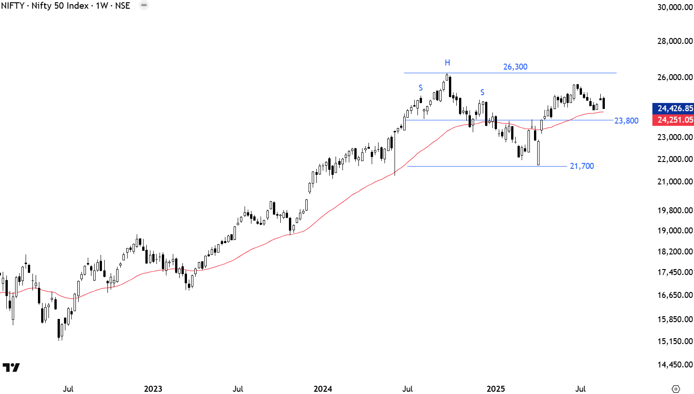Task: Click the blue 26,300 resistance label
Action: (x=515, y=67)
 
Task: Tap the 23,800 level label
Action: (x=626, y=121)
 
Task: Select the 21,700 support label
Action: (x=582, y=166)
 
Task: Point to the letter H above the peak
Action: (x=448, y=63)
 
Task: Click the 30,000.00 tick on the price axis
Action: (x=675, y=7)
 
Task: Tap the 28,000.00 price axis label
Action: (x=675, y=41)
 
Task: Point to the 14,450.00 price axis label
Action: (x=675, y=365)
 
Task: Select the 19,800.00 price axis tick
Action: (x=675, y=210)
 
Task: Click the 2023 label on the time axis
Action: (x=153, y=389)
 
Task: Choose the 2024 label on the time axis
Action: (x=323, y=389)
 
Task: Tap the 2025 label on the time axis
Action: (x=496, y=389)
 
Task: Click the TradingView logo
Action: (x=11, y=367)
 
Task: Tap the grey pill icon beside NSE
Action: (x=144, y=5)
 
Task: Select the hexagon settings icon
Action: (x=676, y=389)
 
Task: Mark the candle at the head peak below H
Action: (x=447, y=78)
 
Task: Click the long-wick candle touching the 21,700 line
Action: (x=538, y=153)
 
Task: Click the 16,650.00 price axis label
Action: (x=675, y=295)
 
